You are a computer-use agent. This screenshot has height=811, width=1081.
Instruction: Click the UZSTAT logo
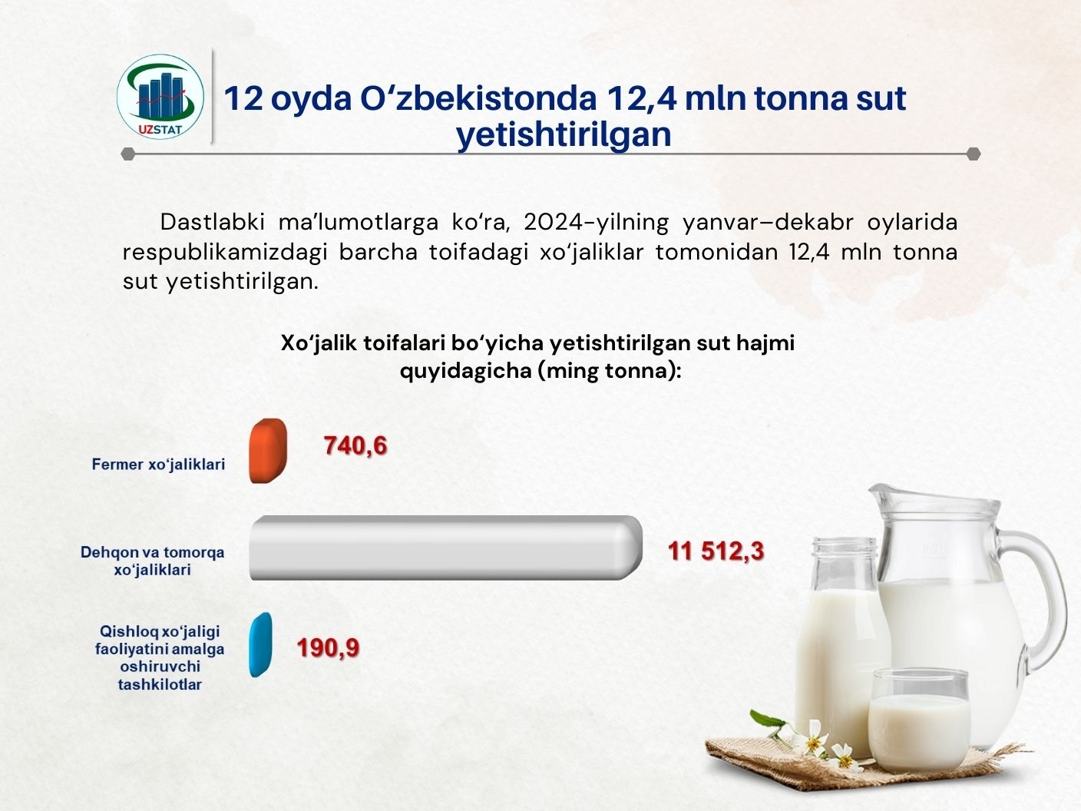(x=160, y=97)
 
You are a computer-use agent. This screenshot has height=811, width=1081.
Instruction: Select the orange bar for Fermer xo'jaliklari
(x=268, y=451)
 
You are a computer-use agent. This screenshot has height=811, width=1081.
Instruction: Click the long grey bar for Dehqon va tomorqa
(x=446, y=548)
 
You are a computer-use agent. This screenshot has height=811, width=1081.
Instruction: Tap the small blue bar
(x=260, y=644)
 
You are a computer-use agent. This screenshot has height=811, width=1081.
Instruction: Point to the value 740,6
(x=355, y=445)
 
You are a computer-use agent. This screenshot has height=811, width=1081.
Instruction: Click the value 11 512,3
(x=716, y=551)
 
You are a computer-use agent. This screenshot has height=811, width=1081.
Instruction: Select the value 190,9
(x=328, y=647)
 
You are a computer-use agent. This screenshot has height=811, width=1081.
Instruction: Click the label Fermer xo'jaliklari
(x=159, y=465)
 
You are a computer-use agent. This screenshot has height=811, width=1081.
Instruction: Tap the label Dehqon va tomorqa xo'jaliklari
(x=152, y=561)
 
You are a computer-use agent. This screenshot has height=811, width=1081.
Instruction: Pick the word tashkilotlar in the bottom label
(x=160, y=684)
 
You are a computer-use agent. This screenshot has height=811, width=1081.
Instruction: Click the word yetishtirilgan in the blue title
(x=564, y=134)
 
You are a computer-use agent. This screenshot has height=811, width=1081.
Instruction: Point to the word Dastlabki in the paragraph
(x=212, y=222)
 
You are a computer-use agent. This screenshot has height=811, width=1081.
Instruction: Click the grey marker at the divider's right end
(x=974, y=154)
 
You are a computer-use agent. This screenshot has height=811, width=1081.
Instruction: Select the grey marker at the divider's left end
(x=128, y=154)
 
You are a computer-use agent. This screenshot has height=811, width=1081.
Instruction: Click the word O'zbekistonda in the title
(x=478, y=98)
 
